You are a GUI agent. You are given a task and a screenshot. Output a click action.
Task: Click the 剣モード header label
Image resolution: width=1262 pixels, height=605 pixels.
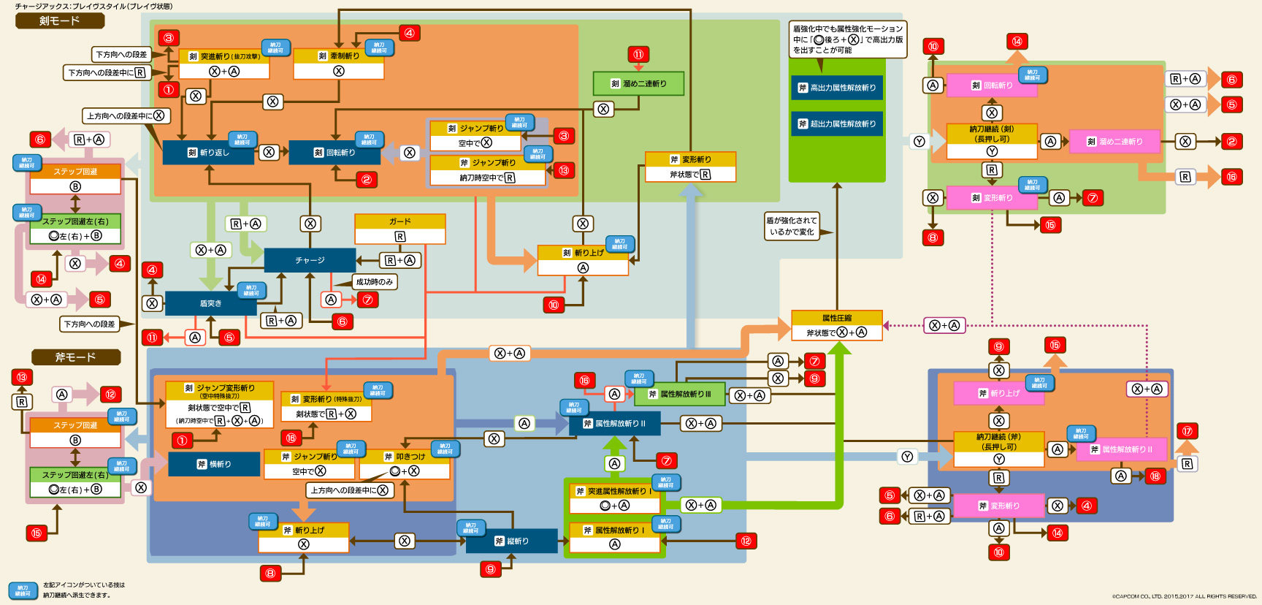pos(60,21)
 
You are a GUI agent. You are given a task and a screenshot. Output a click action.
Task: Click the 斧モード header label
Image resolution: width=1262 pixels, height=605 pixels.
pos(76,357)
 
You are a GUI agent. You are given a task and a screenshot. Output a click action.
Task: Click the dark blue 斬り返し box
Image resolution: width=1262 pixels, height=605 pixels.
pos(208,153)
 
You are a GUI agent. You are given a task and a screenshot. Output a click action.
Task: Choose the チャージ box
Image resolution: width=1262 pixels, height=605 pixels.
pos(310,260)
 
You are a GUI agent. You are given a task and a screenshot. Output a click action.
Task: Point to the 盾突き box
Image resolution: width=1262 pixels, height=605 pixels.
pos(210,303)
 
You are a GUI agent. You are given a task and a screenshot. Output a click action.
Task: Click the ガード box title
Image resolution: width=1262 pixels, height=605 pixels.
pos(399,221)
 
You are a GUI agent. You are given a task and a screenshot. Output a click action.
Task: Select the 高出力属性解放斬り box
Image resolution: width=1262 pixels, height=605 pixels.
pos(837,88)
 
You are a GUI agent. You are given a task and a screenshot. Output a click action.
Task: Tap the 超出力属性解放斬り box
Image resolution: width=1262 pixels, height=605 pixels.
pos(837,124)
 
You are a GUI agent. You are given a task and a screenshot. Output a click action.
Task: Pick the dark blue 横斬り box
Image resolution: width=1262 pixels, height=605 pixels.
pos(214,465)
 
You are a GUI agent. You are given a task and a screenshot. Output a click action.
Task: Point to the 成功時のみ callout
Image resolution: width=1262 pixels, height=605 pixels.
pos(375,282)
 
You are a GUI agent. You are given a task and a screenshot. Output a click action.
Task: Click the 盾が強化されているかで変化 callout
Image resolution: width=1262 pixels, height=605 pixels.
pos(791,226)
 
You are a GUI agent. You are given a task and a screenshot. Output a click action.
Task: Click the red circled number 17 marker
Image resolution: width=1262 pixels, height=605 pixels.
pos(1187,431)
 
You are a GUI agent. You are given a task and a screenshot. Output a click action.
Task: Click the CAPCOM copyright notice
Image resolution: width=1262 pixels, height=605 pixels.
pos(1184,596)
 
